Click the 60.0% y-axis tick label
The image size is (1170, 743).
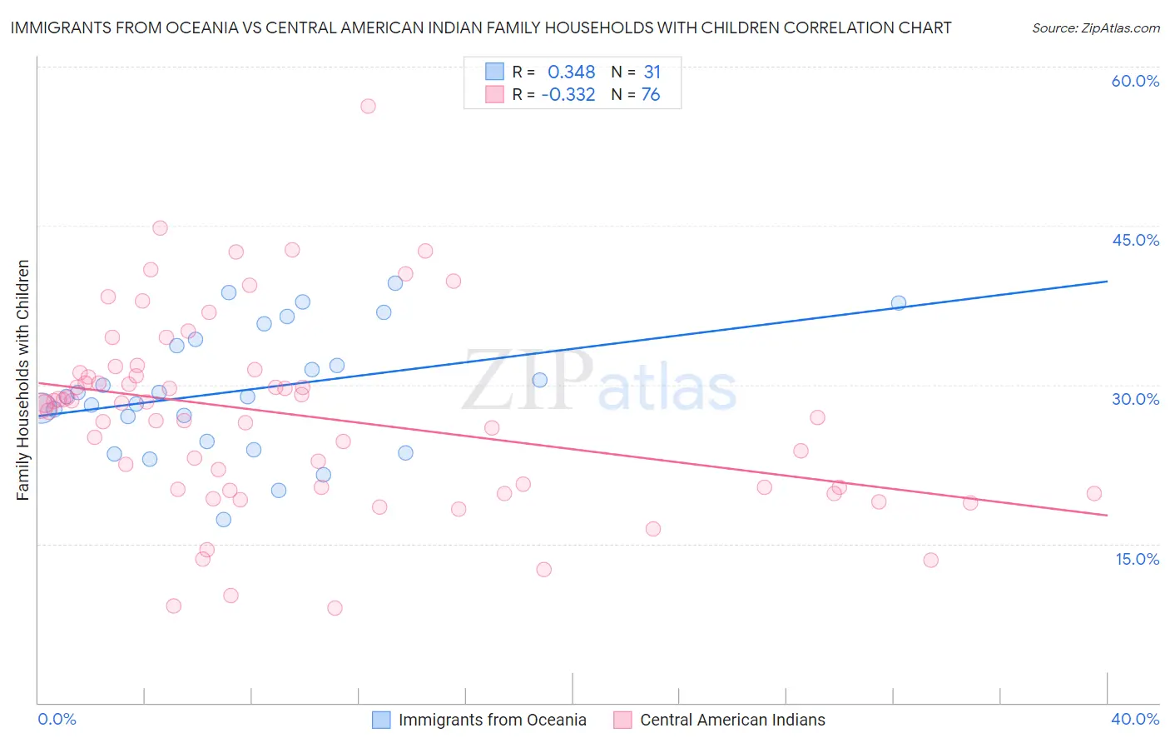[1135, 81]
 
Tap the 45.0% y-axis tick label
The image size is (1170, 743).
[1135, 240]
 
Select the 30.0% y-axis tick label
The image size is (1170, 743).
[1135, 399]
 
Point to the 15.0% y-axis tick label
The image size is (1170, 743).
[1137, 559]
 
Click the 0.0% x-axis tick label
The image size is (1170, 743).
[57, 719]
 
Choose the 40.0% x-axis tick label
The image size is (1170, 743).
[1135, 719]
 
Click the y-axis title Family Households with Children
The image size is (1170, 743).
[22, 380]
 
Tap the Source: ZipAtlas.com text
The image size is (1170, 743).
[1095, 28]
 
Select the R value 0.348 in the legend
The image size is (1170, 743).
[571, 72]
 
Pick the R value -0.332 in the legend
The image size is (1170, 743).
[568, 95]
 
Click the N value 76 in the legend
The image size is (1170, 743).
[650, 95]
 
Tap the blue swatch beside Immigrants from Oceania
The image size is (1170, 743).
[381, 720]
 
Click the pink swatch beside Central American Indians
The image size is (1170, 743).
[622, 720]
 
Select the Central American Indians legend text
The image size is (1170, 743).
[732, 720]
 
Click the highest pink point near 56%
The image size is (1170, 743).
[368, 106]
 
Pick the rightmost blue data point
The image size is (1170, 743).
[899, 302]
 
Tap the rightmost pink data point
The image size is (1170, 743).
[1094, 493]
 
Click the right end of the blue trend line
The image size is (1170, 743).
[1107, 282]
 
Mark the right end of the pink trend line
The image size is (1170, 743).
[1107, 516]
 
